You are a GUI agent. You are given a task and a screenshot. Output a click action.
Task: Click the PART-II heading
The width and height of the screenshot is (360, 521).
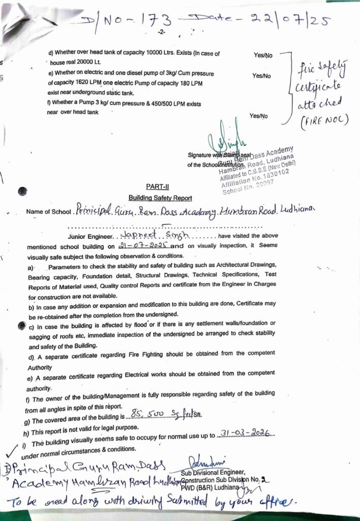click(x=154, y=187)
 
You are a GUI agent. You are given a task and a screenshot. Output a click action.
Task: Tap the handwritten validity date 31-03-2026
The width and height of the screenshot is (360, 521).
click(x=247, y=433)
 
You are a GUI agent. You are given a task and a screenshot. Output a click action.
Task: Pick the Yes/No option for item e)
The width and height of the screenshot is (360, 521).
click(x=262, y=76)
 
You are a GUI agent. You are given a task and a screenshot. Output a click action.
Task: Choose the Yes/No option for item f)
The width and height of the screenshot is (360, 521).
click(x=259, y=116)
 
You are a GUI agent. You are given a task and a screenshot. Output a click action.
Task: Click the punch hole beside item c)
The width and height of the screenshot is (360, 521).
click(x=21, y=325)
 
